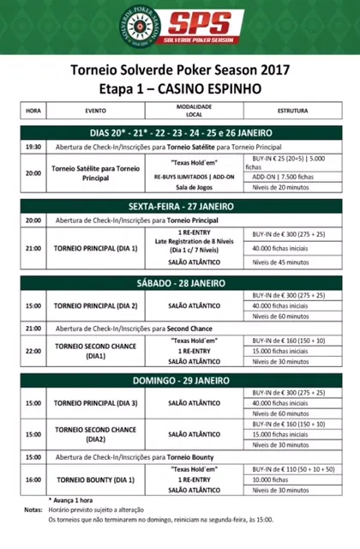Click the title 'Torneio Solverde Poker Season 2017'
pyautogui.click(x=180, y=70)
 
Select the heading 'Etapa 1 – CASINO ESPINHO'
pyautogui.click(x=180, y=88)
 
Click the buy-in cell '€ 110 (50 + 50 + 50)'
pyautogui.click(x=293, y=469)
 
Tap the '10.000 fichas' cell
pyautogui.click(x=293, y=480)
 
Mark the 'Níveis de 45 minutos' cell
pyautogui.click(x=293, y=262)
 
